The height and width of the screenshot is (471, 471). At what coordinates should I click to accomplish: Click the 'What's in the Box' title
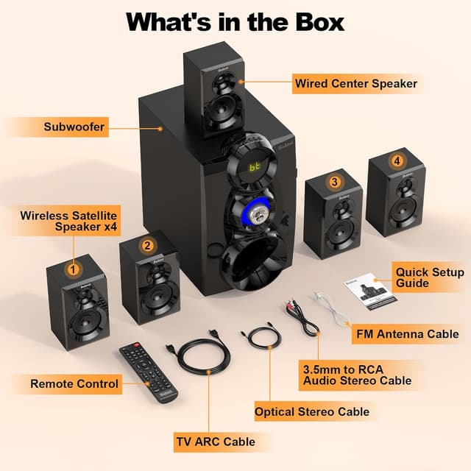(235, 21)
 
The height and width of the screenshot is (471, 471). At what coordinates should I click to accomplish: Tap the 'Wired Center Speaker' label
(355, 83)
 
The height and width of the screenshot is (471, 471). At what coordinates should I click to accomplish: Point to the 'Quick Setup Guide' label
(430, 277)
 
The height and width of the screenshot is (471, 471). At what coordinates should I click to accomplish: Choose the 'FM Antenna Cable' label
(406, 333)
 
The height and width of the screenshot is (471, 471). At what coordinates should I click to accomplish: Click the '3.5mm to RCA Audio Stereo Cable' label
(357, 374)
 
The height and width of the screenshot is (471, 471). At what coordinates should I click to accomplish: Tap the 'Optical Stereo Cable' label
(312, 411)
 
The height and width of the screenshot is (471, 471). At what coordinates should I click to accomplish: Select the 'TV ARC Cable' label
(215, 442)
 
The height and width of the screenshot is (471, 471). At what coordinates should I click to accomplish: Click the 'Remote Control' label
(74, 383)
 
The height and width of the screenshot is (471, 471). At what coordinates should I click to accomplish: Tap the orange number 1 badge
(72, 269)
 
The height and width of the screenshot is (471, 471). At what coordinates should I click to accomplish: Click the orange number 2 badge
(147, 246)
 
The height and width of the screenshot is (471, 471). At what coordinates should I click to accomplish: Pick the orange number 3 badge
(335, 182)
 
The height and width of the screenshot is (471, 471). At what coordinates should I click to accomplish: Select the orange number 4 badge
(397, 160)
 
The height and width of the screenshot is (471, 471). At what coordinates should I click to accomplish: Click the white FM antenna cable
(333, 310)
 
